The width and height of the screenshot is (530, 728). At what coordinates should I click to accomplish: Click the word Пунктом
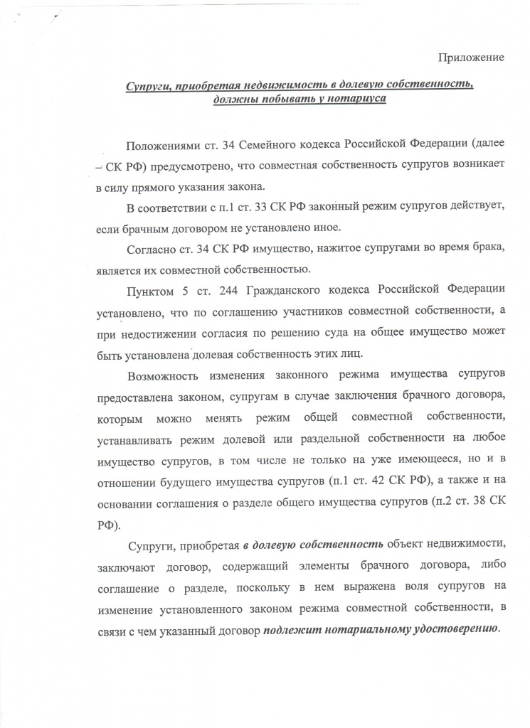point(147,291)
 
